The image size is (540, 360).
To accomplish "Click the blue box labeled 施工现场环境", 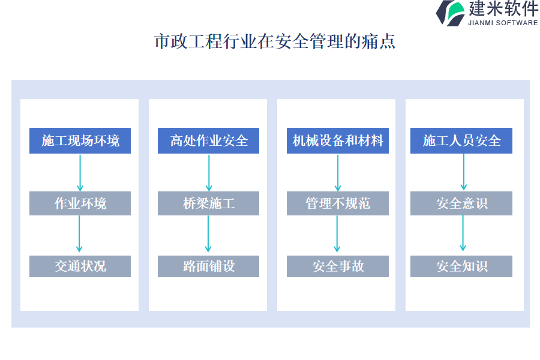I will coord(80,141).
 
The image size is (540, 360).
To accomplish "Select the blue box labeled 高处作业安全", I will coord(208,141).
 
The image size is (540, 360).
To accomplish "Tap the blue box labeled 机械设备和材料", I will coord(337,141).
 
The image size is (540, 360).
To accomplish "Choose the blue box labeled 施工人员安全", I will coord(461,141).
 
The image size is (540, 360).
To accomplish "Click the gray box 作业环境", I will coord(80,203).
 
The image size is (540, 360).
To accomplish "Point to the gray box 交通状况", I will coord(80,266).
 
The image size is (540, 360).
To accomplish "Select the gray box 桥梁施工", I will coord(208,203).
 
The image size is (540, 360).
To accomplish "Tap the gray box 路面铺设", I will coord(208,266).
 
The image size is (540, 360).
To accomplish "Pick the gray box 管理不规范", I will coord(337,203).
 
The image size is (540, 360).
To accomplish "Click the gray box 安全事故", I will coord(337,266).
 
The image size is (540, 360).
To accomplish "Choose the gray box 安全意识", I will coord(461,203).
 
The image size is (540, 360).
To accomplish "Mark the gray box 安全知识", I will coord(461,266).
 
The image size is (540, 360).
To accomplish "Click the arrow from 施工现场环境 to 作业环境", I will coord(80,172).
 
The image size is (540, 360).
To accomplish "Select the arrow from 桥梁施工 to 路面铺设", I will coord(208,235).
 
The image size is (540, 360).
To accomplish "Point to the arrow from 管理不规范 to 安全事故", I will coord(337,235).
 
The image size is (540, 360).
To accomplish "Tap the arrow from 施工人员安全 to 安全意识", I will coord(463,172).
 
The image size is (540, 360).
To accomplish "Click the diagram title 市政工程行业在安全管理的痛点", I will coord(275,42).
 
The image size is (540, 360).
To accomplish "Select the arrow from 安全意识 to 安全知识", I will coord(463,235).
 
